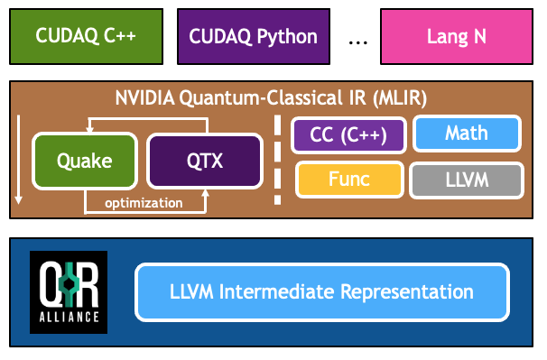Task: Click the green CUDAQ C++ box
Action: click(86, 37)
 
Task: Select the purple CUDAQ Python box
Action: click(254, 37)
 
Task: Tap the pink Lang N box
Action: click(457, 37)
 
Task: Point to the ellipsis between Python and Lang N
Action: click(358, 43)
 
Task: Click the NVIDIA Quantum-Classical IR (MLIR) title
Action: click(271, 98)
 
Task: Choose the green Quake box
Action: click(85, 161)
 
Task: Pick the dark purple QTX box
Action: click(205, 161)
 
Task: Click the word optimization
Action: click(144, 203)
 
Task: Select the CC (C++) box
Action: click(348, 135)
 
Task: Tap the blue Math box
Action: click(467, 134)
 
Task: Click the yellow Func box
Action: click(349, 180)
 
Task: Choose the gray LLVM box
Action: click(467, 180)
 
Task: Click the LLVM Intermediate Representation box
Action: click(322, 292)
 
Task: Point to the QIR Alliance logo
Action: click(69, 292)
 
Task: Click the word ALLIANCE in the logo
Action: click(70, 317)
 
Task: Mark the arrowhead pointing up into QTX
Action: click(206, 194)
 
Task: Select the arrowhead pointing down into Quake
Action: click(89, 129)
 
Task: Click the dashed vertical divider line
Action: click(278, 160)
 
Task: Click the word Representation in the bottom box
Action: click(407, 292)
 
